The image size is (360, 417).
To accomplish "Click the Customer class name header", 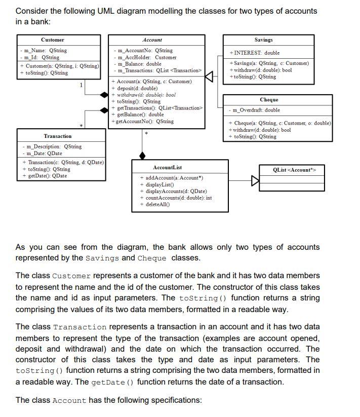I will click(x=53, y=40).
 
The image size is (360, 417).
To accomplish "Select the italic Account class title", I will click(x=152, y=40).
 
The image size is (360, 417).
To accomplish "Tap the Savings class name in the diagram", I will click(x=263, y=40).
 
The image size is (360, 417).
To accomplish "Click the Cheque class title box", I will click(x=268, y=100).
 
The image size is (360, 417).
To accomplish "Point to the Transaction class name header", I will click(x=58, y=136).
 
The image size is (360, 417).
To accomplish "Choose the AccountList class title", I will click(x=167, y=167).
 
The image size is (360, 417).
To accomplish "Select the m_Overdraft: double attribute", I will click(x=256, y=110).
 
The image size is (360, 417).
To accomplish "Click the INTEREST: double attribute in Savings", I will click(x=254, y=53).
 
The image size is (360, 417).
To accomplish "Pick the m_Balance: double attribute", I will click(x=139, y=64).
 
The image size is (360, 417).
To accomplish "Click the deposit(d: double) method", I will click(x=135, y=88).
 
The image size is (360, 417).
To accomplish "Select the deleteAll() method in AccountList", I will click(x=156, y=204).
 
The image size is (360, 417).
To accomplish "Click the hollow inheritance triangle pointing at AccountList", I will click(x=255, y=180).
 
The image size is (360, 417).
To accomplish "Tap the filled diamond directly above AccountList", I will click(x=142, y=155).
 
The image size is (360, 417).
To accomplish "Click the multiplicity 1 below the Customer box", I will click(x=81, y=85).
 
